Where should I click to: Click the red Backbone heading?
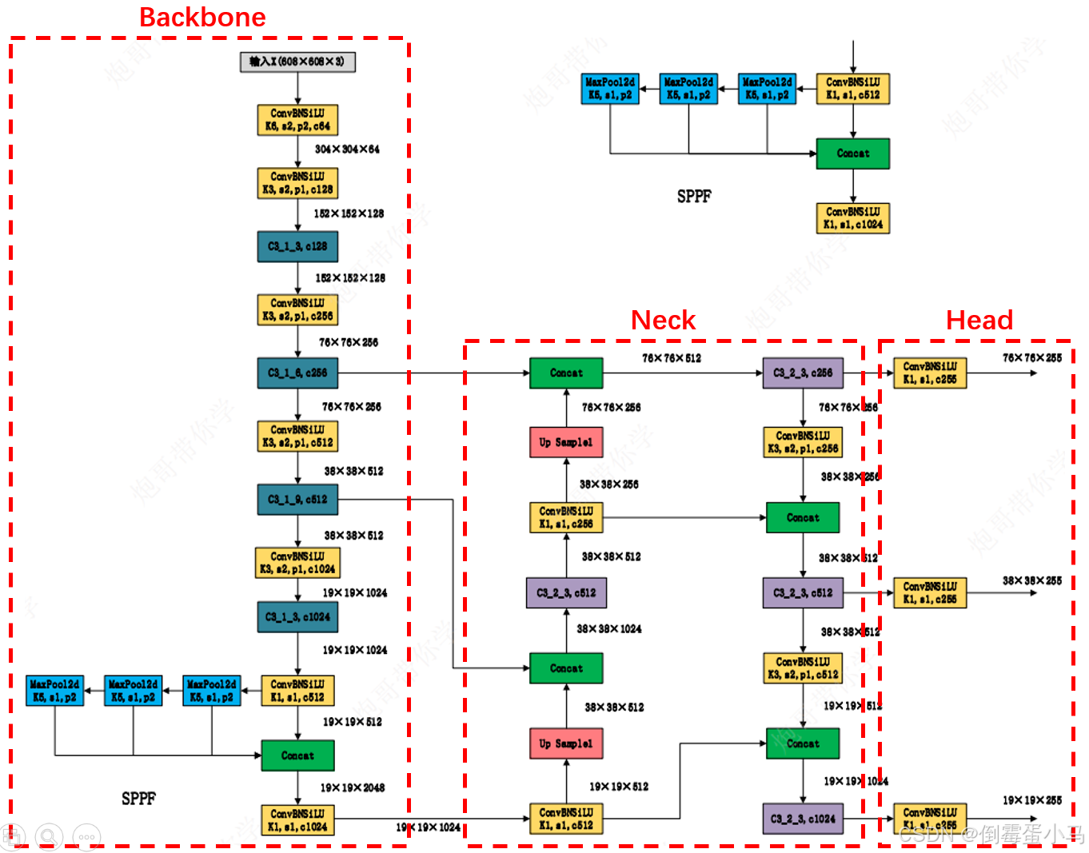pyautogui.click(x=202, y=18)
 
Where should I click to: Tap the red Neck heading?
pyautogui.click(x=663, y=321)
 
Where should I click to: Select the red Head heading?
pyautogui.click(x=979, y=321)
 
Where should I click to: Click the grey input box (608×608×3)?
pyautogui.click(x=297, y=62)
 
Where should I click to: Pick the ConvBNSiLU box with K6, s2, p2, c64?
pyautogui.click(x=297, y=120)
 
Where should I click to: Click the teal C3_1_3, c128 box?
pyautogui.click(x=297, y=246)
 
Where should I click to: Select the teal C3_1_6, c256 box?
pyautogui.click(x=297, y=373)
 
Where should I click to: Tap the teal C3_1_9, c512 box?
pyautogui.click(x=297, y=499)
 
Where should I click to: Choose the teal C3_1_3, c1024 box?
pyautogui.click(x=297, y=616)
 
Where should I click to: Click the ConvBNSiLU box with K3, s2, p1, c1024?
pyautogui.click(x=297, y=562)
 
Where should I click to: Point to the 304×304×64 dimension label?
pyautogui.click(x=347, y=149)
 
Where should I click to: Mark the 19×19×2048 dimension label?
pyautogui.click(x=352, y=787)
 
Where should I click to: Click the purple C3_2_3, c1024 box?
pyautogui.click(x=803, y=819)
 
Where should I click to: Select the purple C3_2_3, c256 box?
pyautogui.click(x=803, y=373)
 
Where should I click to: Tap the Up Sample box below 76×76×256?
pyautogui.click(x=566, y=442)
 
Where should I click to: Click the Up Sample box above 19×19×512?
pyautogui.click(x=566, y=743)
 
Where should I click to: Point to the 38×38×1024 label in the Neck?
pyautogui.click(x=609, y=629)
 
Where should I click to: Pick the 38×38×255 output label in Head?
pyautogui.click(x=1032, y=580)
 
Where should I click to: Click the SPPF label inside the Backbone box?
pyautogui.click(x=138, y=799)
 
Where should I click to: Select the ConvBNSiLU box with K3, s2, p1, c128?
pyautogui.click(x=297, y=183)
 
